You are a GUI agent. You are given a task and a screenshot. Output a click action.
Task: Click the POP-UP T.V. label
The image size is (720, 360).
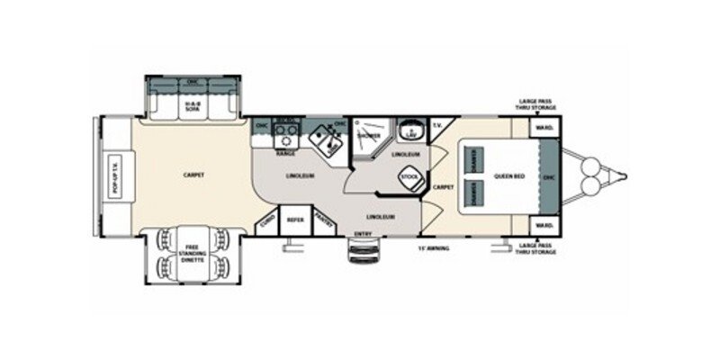tap(114, 176)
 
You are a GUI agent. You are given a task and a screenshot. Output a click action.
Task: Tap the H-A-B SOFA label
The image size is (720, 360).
tap(192, 109)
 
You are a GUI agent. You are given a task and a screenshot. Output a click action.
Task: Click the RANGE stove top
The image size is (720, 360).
tap(286, 139)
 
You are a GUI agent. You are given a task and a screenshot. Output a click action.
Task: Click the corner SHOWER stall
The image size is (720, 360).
tap(370, 138)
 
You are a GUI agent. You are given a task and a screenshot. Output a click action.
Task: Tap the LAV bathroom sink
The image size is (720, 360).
tap(411, 133)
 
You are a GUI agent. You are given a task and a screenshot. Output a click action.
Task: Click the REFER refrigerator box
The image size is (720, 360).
tap(294, 219)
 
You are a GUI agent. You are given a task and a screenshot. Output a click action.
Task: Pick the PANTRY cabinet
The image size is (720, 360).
tap(325, 219)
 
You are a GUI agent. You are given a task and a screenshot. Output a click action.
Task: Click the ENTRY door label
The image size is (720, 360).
tap(363, 234)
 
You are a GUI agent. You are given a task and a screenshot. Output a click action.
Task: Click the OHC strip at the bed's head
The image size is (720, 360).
tap(548, 177)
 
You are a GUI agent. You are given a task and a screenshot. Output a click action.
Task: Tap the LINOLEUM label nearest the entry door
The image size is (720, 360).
tap(382, 217)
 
